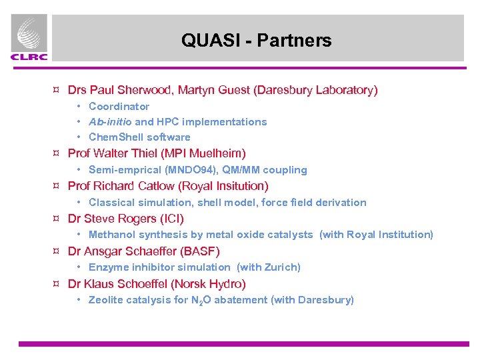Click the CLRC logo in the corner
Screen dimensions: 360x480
pos(29,38)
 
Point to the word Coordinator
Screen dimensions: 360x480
pos(119,106)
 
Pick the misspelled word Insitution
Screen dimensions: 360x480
pos(239,186)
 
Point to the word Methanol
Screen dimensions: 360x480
pos(111,235)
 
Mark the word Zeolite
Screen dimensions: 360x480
pos(107,300)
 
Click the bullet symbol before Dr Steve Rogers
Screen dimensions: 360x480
pos(57,219)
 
